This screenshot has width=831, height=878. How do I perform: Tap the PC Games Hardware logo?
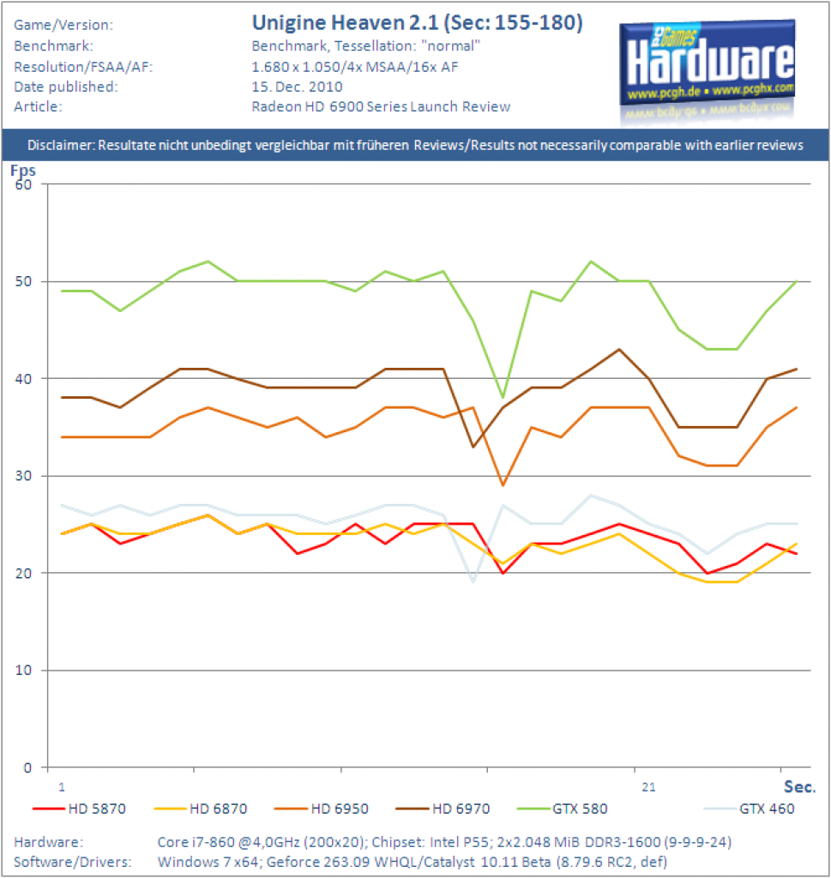[x=708, y=70]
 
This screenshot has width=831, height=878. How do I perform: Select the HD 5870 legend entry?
[x=80, y=809]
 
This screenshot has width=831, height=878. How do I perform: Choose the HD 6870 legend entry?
[x=201, y=809]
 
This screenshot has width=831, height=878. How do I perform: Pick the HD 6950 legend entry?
[x=322, y=809]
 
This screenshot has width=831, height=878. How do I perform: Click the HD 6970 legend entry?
[x=443, y=809]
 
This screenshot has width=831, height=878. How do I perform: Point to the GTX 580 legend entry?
[x=563, y=809]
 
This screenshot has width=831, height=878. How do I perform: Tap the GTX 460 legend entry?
[x=750, y=809]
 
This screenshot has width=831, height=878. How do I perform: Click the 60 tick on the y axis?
[x=23, y=185]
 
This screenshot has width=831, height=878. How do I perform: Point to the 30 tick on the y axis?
[x=23, y=476]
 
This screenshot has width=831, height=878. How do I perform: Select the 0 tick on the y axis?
[x=27, y=767]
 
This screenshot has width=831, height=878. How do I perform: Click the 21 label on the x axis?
[x=648, y=787]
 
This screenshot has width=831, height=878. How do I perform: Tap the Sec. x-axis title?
[x=799, y=787]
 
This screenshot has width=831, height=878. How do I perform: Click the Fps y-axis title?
[x=23, y=171]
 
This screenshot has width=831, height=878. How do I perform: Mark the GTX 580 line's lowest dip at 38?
[x=503, y=398]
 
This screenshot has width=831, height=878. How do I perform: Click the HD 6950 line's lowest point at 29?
[x=503, y=485]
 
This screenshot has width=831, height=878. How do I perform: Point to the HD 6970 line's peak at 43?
[x=619, y=350]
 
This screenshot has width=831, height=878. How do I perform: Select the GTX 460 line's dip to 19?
[x=473, y=582]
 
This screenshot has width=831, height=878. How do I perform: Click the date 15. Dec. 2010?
[x=297, y=87]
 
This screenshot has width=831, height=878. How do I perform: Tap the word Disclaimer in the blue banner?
[x=62, y=145]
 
